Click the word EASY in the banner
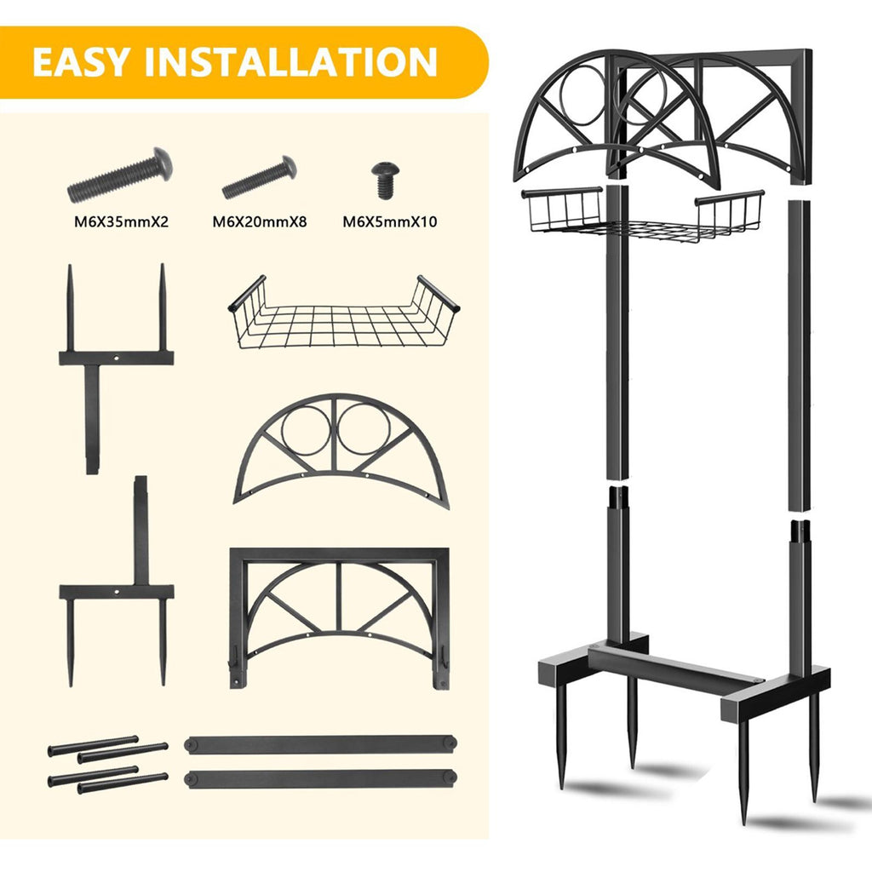tap(82, 61)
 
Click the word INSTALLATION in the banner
tap(291, 61)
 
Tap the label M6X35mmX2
tap(121, 222)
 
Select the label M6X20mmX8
tap(260, 222)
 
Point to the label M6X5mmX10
tap(390, 222)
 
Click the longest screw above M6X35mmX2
tap(120, 175)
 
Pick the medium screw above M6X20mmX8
tap(259, 177)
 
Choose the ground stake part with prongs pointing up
tap(116, 357)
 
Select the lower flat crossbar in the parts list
tap(321, 778)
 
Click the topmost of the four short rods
tap(93, 746)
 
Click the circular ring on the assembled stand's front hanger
tap(562, 95)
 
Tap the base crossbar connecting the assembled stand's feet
tap(675, 664)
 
